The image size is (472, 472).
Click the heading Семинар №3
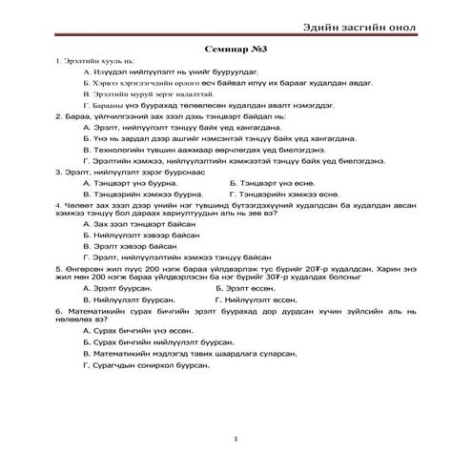tap(236, 47)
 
